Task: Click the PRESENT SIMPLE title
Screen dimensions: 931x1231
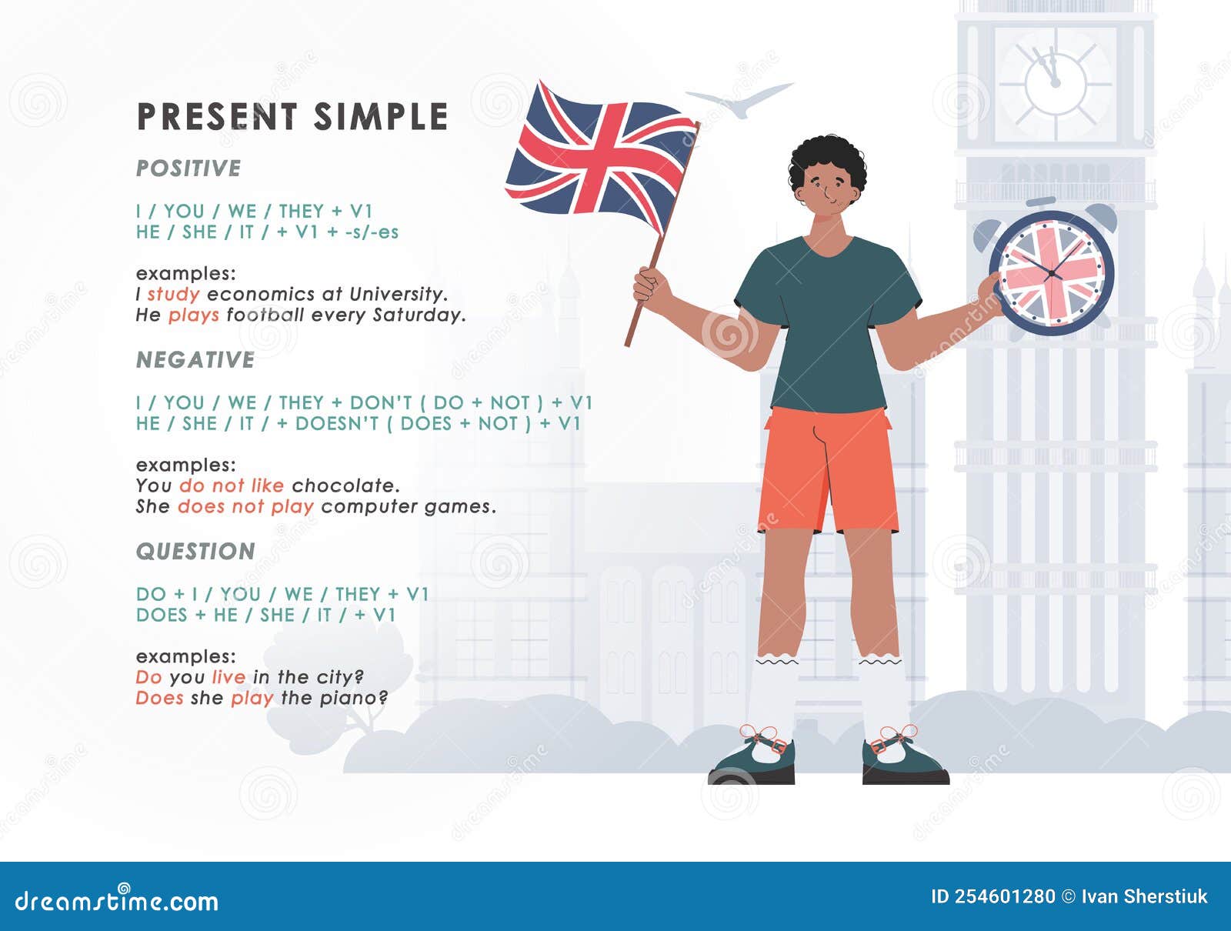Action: (x=292, y=117)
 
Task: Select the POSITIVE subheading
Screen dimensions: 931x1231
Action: (x=188, y=169)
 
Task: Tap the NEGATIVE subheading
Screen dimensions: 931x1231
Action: (x=195, y=360)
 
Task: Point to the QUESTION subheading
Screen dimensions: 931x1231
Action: (x=195, y=552)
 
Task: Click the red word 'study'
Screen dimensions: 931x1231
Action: (x=173, y=294)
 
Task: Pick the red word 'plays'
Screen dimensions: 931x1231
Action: (x=194, y=315)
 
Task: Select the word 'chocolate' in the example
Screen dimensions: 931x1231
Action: (x=345, y=486)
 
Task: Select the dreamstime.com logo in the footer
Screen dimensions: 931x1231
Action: (x=117, y=900)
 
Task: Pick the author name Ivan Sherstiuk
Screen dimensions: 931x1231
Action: (x=1144, y=896)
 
